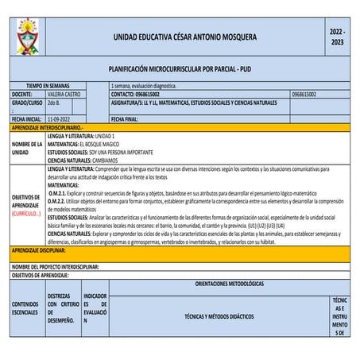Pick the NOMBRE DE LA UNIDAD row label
click(x=26, y=147)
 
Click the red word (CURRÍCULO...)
click(x=26, y=214)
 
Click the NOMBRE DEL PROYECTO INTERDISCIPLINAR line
click(x=66, y=267)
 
